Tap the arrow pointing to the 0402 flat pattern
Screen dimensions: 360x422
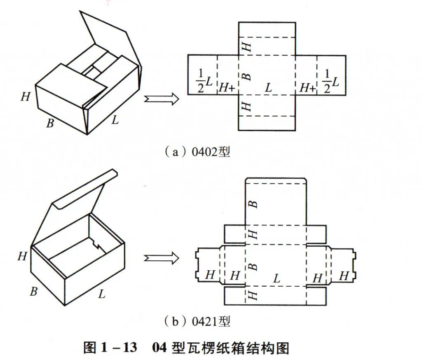pyautogui.click(x=161, y=99)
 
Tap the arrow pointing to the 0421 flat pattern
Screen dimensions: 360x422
pyautogui.click(x=161, y=258)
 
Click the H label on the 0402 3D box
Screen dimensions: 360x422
pyautogui.click(x=26, y=97)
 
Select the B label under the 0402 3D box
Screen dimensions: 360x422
pyautogui.click(x=50, y=123)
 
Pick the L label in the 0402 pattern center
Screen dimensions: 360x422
pyautogui.click(x=268, y=87)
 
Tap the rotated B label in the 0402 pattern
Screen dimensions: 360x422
pyautogui.click(x=246, y=76)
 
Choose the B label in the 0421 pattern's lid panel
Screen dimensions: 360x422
pyautogui.click(x=253, y=204)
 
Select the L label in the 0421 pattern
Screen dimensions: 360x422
pyautogui.click(x=277, y=278)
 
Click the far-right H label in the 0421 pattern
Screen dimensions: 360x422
pyautogui.click(x=343, y=276)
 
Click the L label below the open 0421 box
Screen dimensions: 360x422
pyautogui.click(x=101, y=294)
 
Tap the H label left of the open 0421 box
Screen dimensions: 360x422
pyautogui.click(x=22, y=256)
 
